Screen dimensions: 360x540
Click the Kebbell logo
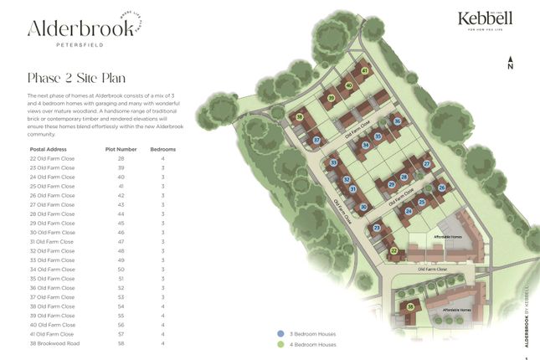click(x=485, y=19)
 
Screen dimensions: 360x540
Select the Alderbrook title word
click(x=80, y=28)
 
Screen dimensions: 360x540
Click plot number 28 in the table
click(x=121, y=158)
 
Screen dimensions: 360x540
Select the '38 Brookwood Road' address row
click(x=54, y=343)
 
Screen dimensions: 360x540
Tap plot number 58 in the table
click(x=121, y=343)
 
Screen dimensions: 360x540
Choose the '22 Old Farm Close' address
click(x=52, y=158)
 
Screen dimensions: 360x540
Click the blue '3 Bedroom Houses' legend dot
click(x=280, y=334)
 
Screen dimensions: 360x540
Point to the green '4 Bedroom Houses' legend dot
click(x=280, y=344)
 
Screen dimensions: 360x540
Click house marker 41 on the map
click(x=365, y=71)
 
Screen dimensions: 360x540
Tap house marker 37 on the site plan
click(x=316, y=141)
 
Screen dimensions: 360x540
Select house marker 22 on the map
click(x=393, y=249)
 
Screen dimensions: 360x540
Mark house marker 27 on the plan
click(x=426, y=164)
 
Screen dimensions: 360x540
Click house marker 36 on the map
click(x=398, y=121)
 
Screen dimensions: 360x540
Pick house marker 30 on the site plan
click(x=363, y=207)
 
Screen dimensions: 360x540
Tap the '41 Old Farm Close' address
click(x=52, y=334)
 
